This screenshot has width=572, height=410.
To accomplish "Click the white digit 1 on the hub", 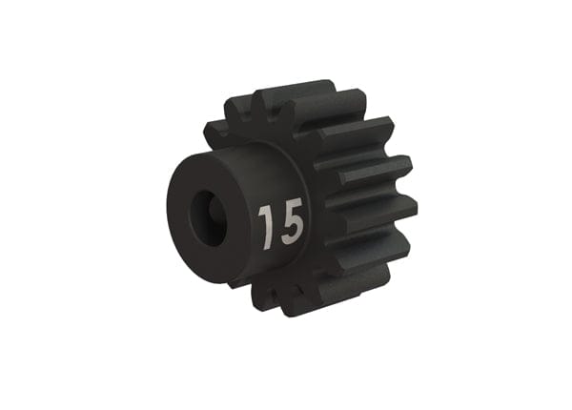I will [265, 225].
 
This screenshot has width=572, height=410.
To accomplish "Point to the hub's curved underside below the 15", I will [272, 267].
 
